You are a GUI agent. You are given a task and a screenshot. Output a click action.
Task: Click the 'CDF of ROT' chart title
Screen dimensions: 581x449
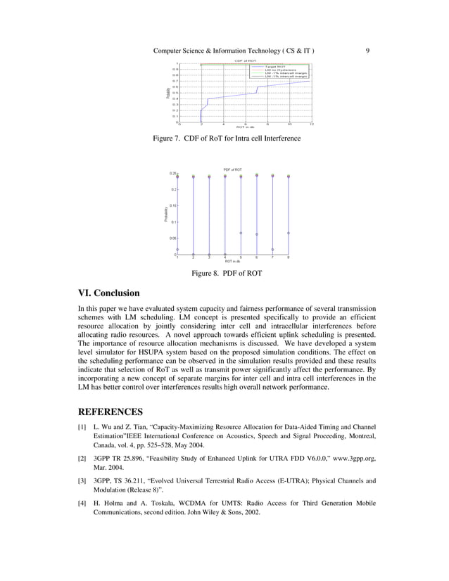245,61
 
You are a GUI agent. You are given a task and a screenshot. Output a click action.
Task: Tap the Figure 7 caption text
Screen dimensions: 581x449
227,139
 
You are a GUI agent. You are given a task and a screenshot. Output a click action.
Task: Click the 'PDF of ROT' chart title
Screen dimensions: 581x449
233,170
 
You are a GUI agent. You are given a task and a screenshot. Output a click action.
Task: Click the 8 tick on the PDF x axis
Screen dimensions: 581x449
289,258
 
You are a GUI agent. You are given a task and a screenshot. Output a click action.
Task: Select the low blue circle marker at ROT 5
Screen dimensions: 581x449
241,233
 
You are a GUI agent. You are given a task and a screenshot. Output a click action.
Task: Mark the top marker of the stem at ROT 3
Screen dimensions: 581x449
209,177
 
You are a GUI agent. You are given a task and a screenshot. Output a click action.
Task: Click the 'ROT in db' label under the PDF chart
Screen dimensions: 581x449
233,262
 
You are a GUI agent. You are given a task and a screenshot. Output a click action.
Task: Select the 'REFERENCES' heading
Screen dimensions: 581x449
110,411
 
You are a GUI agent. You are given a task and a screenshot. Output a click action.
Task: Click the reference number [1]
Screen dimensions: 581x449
82,427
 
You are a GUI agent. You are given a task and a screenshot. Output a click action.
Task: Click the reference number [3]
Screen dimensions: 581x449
82,481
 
